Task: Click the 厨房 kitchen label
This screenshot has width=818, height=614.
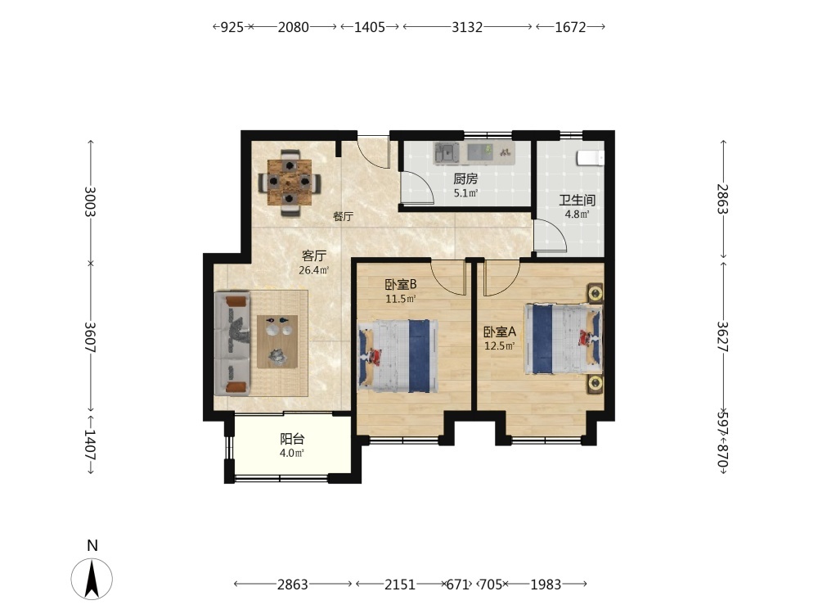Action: pyautogui.click(x=465, y=179)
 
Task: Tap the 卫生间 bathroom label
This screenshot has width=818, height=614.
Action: pyautogui.click(x=577, y=200)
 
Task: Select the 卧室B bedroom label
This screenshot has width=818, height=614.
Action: pyautogui.click(x=401, y=285)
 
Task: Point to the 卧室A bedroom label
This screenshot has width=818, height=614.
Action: pyautogui.click(x=500, y=332)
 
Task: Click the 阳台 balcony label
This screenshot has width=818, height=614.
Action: pyautogui.click(x=292, y=439)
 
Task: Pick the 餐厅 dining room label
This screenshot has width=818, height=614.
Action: pyautogui.click(x=344, y=216)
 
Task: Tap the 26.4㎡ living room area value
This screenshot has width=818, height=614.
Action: pyautogui.click(x=313, y=270)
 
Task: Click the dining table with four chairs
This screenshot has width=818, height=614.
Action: pyautogui.click(x=290, y=183)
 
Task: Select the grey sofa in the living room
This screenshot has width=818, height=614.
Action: pyautogui.click(x=232, y=343)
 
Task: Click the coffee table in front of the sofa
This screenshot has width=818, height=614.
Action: pyautogui.click(x=277, y=342)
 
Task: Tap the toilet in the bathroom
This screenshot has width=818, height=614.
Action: pyautogui.click(x=591, y=157)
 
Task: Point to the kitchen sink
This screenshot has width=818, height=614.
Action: pyautogui.click(x=447, y=152)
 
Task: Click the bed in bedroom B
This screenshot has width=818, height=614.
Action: pyautogui.click(x=398, y=356)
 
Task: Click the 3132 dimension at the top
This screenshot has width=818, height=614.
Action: pyautogui.click(x=467, y=27)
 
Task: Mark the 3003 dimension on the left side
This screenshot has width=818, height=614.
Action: pyautogui.click(x=91, y=201)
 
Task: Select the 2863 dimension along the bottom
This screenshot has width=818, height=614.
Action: pyautogui.click(x=293, y=585)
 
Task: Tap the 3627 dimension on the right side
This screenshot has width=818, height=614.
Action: pyautogui.click(x=723, y=336)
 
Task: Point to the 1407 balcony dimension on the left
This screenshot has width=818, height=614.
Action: pyautogui.click(x=91, y=445)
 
